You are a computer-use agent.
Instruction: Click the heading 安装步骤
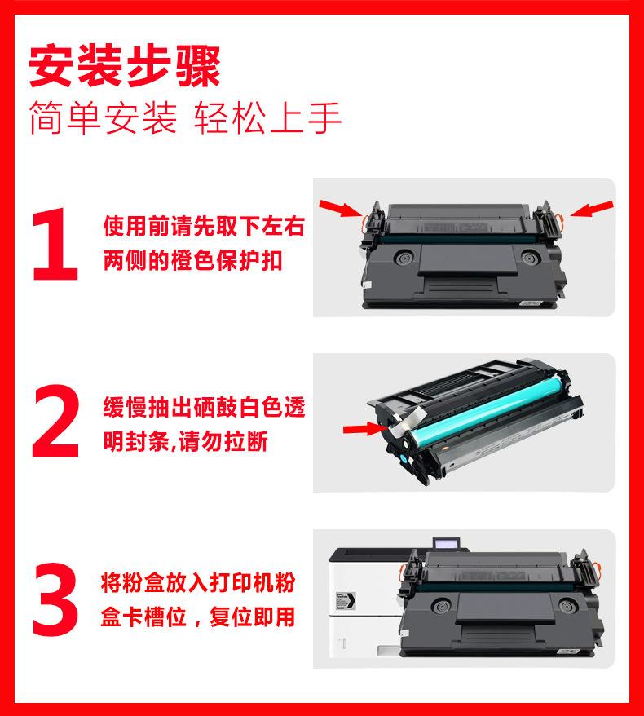(x=125, y=66)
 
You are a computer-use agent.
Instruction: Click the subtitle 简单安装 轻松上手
(x=185, y=118)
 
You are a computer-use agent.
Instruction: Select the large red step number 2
(x=55, y=421)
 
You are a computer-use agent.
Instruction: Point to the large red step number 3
(x=55, y=599)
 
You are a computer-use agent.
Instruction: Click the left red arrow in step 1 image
(x=341, y=208)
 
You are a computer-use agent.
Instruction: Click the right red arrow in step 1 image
(x=591, y=209)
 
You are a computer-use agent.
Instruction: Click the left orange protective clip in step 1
(x=366, y=221)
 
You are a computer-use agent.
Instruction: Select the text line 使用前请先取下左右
(x=204, y=226)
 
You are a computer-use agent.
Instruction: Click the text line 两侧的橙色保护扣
(x=192, y=261)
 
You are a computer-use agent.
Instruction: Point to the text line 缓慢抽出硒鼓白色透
(x=204, y=407)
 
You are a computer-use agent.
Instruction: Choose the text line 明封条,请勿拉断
(x=185, y=441)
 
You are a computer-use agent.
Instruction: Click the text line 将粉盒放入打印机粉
(x=198, y=582)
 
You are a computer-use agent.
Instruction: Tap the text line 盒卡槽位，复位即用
(x=198, y=617)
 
